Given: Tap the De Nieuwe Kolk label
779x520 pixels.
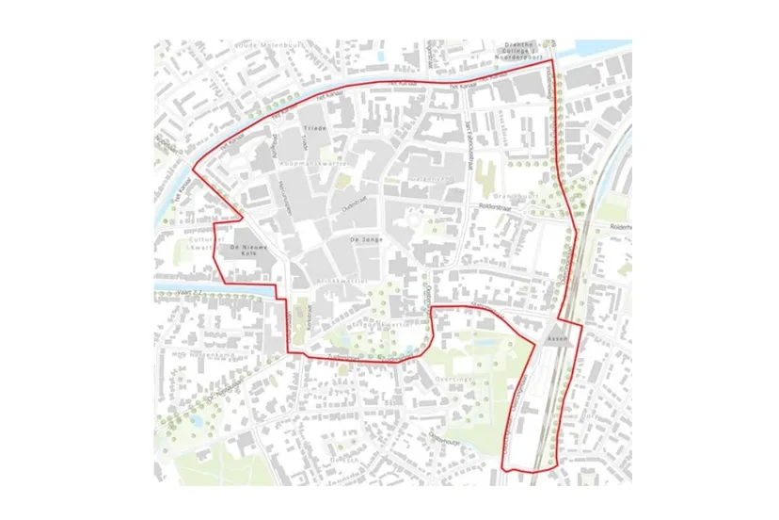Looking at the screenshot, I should point(248,251).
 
